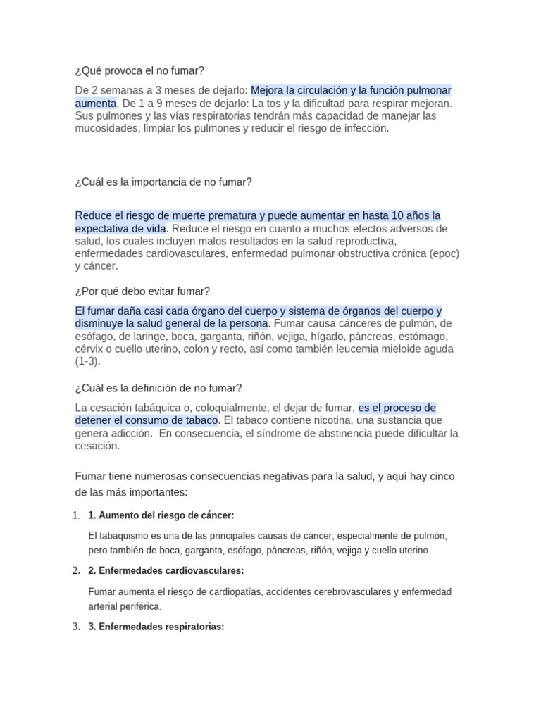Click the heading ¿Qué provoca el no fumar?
(x=139, y=70)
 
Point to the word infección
(x=366, y=129)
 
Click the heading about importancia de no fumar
(x=163, y=182)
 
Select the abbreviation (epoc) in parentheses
(x=444, y=253)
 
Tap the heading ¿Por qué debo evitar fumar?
(x=142, y=291)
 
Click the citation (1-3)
(x=88, y=361)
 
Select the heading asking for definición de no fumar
(x=158, y=388)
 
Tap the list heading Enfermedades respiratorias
(x=156, y=626)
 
